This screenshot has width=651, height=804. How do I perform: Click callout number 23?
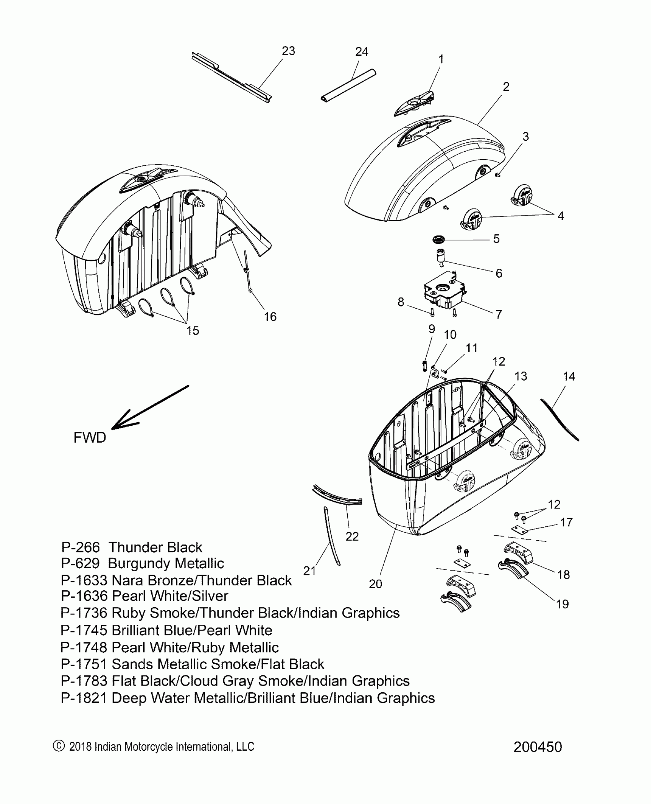coord(288,51)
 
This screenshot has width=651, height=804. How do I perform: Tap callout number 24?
coord(361,52)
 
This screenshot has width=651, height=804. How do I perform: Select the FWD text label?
coord(90,437)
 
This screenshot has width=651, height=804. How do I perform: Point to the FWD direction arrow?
coord(149,407)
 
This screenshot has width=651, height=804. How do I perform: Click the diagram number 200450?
coord(537,757)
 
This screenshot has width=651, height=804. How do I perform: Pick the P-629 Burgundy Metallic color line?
coord(142,564)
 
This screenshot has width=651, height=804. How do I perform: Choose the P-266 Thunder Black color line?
coord(131,547)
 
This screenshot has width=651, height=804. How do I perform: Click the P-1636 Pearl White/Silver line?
coord(144,596)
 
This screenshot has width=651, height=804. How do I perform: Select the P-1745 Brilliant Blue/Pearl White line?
coord(166,630)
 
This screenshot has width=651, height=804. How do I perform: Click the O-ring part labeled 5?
coord(439,240)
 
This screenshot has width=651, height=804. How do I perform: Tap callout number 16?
coord(270,317)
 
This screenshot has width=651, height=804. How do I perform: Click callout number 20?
coord(375,584)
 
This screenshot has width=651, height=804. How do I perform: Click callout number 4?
coord(560,216)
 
